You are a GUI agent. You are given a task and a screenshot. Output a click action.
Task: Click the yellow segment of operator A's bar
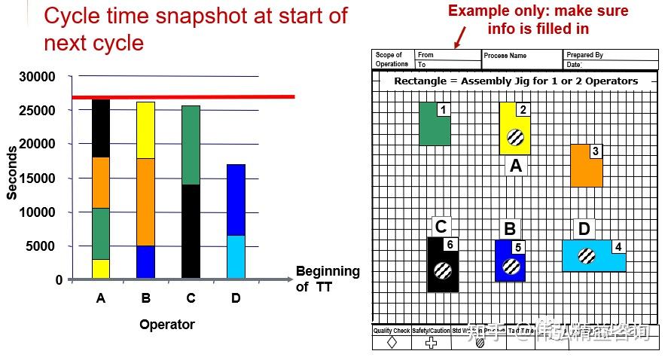[x=101, y=269]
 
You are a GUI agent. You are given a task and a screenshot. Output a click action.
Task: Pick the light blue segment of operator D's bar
[x=236, y=257]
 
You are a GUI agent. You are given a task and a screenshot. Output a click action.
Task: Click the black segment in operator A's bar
[x=101, y=128]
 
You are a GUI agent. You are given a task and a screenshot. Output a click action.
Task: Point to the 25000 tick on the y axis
[x=38, y=111]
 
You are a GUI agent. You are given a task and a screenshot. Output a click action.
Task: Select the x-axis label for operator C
[x=191, y=299]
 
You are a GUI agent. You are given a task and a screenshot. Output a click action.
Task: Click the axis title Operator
[x=167, y=325]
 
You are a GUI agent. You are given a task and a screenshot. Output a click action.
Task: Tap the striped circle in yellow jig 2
[x=515, y=137]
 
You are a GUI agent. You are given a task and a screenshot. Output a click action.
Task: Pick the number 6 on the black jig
[x=450, y=244]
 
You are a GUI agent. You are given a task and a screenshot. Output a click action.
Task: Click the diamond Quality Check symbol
[x=392, y=343]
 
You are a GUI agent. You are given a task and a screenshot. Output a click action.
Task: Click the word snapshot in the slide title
[x=218, y=16]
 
